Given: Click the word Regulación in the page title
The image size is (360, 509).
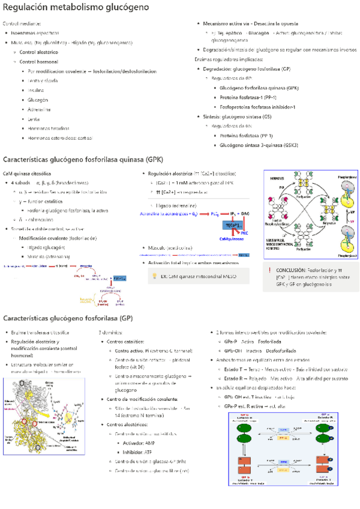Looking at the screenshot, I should tap(25, 8).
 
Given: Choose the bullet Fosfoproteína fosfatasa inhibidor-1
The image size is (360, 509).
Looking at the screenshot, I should tap(257, 107).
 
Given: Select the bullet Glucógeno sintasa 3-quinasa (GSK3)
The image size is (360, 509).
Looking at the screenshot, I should tap(259, 145).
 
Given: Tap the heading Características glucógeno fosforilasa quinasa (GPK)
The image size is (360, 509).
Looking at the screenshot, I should tap(83, 160).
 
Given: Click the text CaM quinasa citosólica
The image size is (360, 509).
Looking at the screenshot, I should tap(27, 173).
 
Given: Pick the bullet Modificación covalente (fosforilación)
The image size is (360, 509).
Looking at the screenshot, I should tap(58, 238).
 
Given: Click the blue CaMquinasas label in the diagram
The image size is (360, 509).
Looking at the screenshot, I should tap(232, 238).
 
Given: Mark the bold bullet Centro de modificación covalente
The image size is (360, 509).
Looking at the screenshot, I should tap(142, 399).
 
